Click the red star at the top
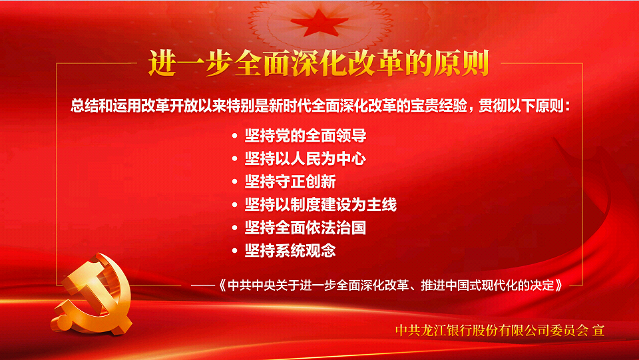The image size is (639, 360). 320,23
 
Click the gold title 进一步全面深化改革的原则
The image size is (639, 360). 318,63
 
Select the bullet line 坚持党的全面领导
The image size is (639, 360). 306,136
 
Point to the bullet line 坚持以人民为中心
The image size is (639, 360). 306,158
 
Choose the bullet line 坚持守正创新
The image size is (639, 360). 290,182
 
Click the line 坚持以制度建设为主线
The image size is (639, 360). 320,204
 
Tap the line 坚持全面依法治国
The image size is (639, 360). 306,227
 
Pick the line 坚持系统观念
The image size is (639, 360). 290,250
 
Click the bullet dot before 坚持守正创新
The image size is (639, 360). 234,182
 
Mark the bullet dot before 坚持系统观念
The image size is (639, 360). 234,250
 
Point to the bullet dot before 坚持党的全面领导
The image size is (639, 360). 234,136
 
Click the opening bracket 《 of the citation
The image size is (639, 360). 222,285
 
